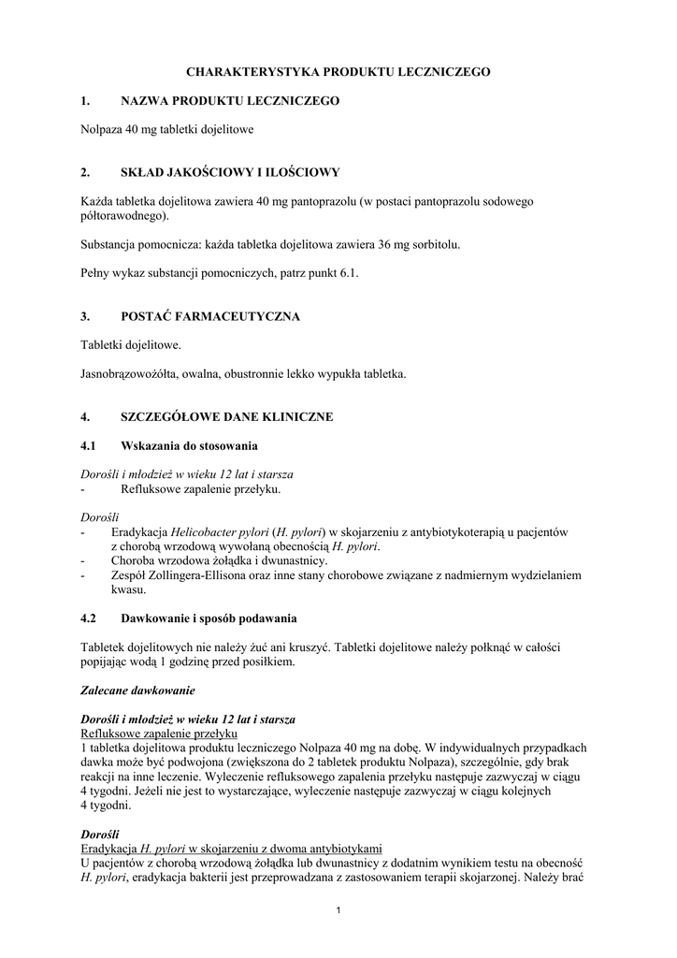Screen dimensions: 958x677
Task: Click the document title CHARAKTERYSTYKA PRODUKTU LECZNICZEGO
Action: (x=338, y=71)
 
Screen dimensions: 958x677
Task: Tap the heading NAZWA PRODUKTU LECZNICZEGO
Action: (x=230, y=100)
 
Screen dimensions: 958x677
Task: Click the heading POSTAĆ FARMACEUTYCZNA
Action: (x=210, y=316)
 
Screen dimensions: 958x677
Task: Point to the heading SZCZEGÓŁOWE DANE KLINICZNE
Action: (x=227, y=416)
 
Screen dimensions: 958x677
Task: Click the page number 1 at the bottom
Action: (x=338, y=912)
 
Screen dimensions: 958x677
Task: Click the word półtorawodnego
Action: (x=123, y=215)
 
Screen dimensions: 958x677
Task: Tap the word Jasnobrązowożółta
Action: (x=131, y=373)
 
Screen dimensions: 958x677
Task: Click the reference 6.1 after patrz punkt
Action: (x=348, y=273)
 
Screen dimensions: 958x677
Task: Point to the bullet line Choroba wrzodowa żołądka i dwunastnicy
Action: (x=220, y=561)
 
